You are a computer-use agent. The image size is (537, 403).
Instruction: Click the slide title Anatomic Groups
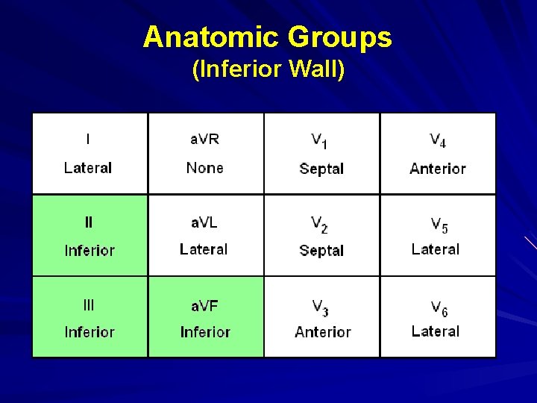pos(268,37)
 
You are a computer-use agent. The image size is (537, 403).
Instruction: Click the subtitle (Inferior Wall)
pos(268,69)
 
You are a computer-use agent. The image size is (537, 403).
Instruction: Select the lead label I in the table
pos(89,139)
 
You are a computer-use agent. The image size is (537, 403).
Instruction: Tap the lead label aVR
pos(205,139)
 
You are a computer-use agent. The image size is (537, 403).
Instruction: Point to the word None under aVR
pos(205,168)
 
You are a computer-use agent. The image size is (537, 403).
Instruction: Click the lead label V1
pos(320,140)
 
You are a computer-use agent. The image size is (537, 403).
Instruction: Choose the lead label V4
pos(438,140)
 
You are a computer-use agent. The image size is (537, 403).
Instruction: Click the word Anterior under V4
pos(438,169)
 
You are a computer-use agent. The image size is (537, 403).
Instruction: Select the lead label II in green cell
pos(89,222)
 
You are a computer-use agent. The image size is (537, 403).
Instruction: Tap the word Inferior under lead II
pos(89,250)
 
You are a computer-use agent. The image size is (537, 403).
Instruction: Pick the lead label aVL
pos(204,222)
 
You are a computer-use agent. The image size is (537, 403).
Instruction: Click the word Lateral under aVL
pos(204,249)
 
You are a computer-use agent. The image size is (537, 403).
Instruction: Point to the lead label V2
pos(320,224)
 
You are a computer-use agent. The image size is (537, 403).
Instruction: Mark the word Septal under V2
pos(321,251)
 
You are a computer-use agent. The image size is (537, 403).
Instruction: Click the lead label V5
pos(439,224)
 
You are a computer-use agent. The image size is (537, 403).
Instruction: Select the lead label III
pos(89,304)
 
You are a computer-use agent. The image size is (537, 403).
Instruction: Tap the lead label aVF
pos(204,305)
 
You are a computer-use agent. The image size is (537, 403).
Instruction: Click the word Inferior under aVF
pos(205,332)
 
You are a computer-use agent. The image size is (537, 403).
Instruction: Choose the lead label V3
pos(320,306)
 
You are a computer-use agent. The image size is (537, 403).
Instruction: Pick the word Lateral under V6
pos(436,331)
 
